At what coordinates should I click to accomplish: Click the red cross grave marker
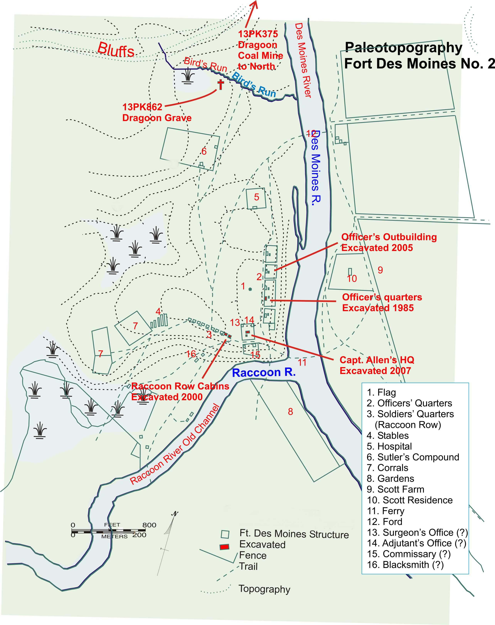point(221,84)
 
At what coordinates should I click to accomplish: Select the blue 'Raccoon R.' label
point(264,372)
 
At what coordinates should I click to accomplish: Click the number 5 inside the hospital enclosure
point(256,197)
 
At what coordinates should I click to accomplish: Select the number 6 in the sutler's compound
point(204,151)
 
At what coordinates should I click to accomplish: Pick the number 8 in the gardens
point(290,411)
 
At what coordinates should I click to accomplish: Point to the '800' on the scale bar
point(149,525)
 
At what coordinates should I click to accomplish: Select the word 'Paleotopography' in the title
point(403,48)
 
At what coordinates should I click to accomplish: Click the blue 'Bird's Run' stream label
point(254,85)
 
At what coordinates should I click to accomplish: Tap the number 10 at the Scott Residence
point(352,279)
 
